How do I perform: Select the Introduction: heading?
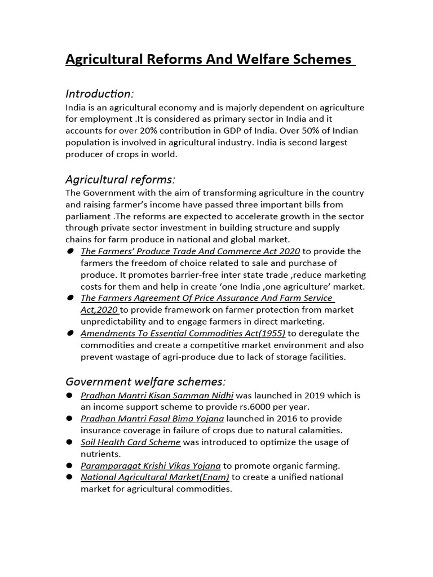[100, 93]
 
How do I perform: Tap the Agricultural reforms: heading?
[121, 180]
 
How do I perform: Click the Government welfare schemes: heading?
[146, 381]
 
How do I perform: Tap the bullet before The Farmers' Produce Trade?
[70, 251]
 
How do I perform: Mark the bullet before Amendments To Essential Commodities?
[70, 333]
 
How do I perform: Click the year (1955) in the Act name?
[269, 334]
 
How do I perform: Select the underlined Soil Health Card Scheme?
[130, 442]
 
